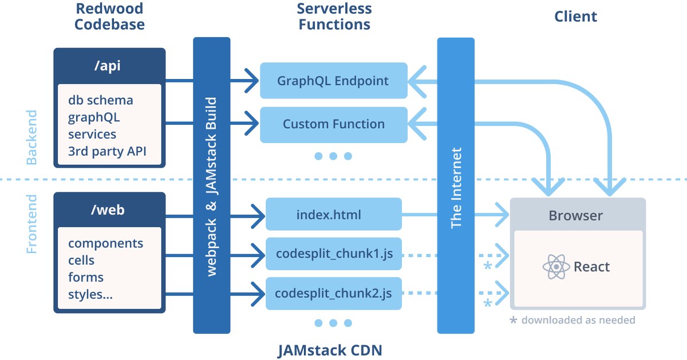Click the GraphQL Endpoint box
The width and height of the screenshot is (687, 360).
point(333,81)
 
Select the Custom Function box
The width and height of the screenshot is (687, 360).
point(333,124)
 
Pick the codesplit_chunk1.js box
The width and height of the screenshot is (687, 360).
point(334,254)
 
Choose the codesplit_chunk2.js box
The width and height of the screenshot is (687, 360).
point(334,294)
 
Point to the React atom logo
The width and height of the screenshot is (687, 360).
point(555,267)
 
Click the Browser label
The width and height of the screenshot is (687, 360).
point(575,216)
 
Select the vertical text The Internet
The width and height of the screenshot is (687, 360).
point(456,188)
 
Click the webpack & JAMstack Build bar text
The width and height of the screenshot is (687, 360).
point(211,187)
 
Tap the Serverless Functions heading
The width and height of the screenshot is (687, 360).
point(334,17)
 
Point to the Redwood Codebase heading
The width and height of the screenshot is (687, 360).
point(109,17)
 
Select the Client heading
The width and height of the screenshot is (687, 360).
point(575,17)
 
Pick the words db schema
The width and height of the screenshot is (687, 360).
point(101,100)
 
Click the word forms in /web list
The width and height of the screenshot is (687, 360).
point(86,278)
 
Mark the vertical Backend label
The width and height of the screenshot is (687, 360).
point(32,137)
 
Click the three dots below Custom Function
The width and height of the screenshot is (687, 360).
point(333,156)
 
